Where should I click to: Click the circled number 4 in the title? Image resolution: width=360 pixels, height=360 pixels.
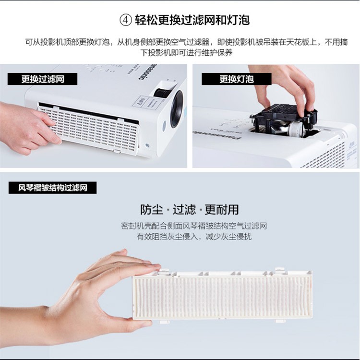pos(126,20)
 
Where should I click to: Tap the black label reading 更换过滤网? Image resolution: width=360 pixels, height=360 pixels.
pos(42,79)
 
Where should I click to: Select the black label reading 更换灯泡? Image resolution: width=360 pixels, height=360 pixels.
pos(237,79)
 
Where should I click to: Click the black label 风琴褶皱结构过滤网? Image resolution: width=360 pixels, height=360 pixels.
pos(53,188)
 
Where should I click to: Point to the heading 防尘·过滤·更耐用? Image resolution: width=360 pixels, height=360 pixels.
pos(190,209)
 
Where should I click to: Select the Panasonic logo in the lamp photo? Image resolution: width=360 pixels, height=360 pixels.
pos(217,135)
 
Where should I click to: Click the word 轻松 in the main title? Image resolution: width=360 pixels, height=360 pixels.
pos(146,20)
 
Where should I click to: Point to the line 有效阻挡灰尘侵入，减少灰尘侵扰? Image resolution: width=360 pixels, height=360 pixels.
pos(194,237)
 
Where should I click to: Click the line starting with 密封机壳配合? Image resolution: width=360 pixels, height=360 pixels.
pos(194,226)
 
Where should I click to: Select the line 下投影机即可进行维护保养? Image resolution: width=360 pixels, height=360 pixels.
pos(186,53)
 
